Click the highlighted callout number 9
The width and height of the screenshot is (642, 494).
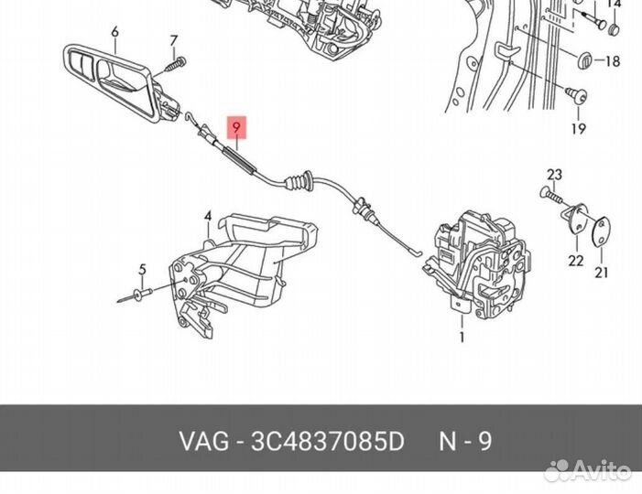[x=236, y=128]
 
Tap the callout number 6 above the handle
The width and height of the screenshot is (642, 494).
[x=114, y=33]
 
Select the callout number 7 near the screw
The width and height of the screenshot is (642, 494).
[x=172, y=39]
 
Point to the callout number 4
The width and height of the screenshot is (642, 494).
[x=208, y=217]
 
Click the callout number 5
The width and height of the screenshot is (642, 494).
[x=142, y=269]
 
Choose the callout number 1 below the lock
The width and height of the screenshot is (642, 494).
[x=462, y=338]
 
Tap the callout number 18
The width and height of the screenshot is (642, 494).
[x=613, y=61]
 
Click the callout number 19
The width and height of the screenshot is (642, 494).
[x=578, y=129]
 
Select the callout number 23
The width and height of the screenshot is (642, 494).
[x=554, y=174]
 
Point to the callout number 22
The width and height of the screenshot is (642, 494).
[x=574, y=261]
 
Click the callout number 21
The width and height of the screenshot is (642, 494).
[x=601, y=272]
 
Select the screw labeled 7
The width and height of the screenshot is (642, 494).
[x=173, y=65]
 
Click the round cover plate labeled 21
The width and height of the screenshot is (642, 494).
[x=600, y=231]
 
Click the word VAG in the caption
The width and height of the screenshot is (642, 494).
[x=203, y=441]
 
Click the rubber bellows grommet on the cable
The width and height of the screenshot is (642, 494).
[x=300, y=184]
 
